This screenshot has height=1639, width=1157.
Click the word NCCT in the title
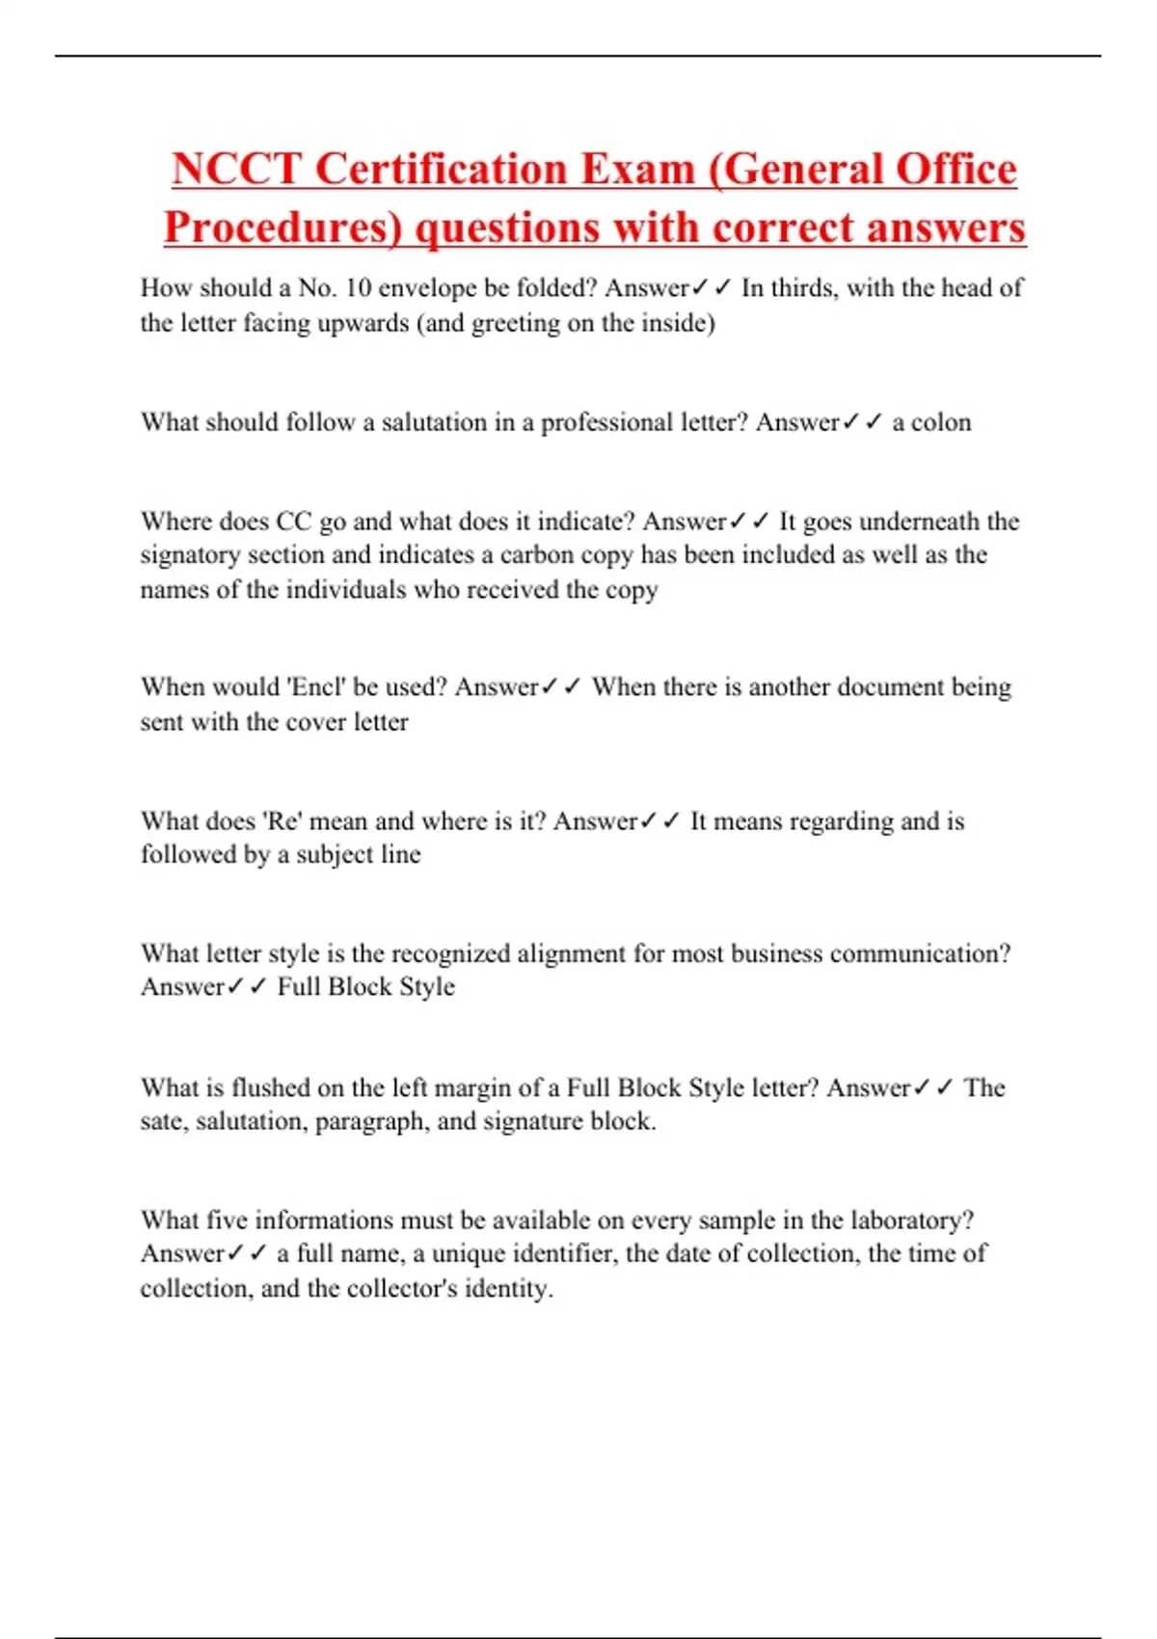point(236,170)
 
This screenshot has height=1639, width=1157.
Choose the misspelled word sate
point(162,1122)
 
